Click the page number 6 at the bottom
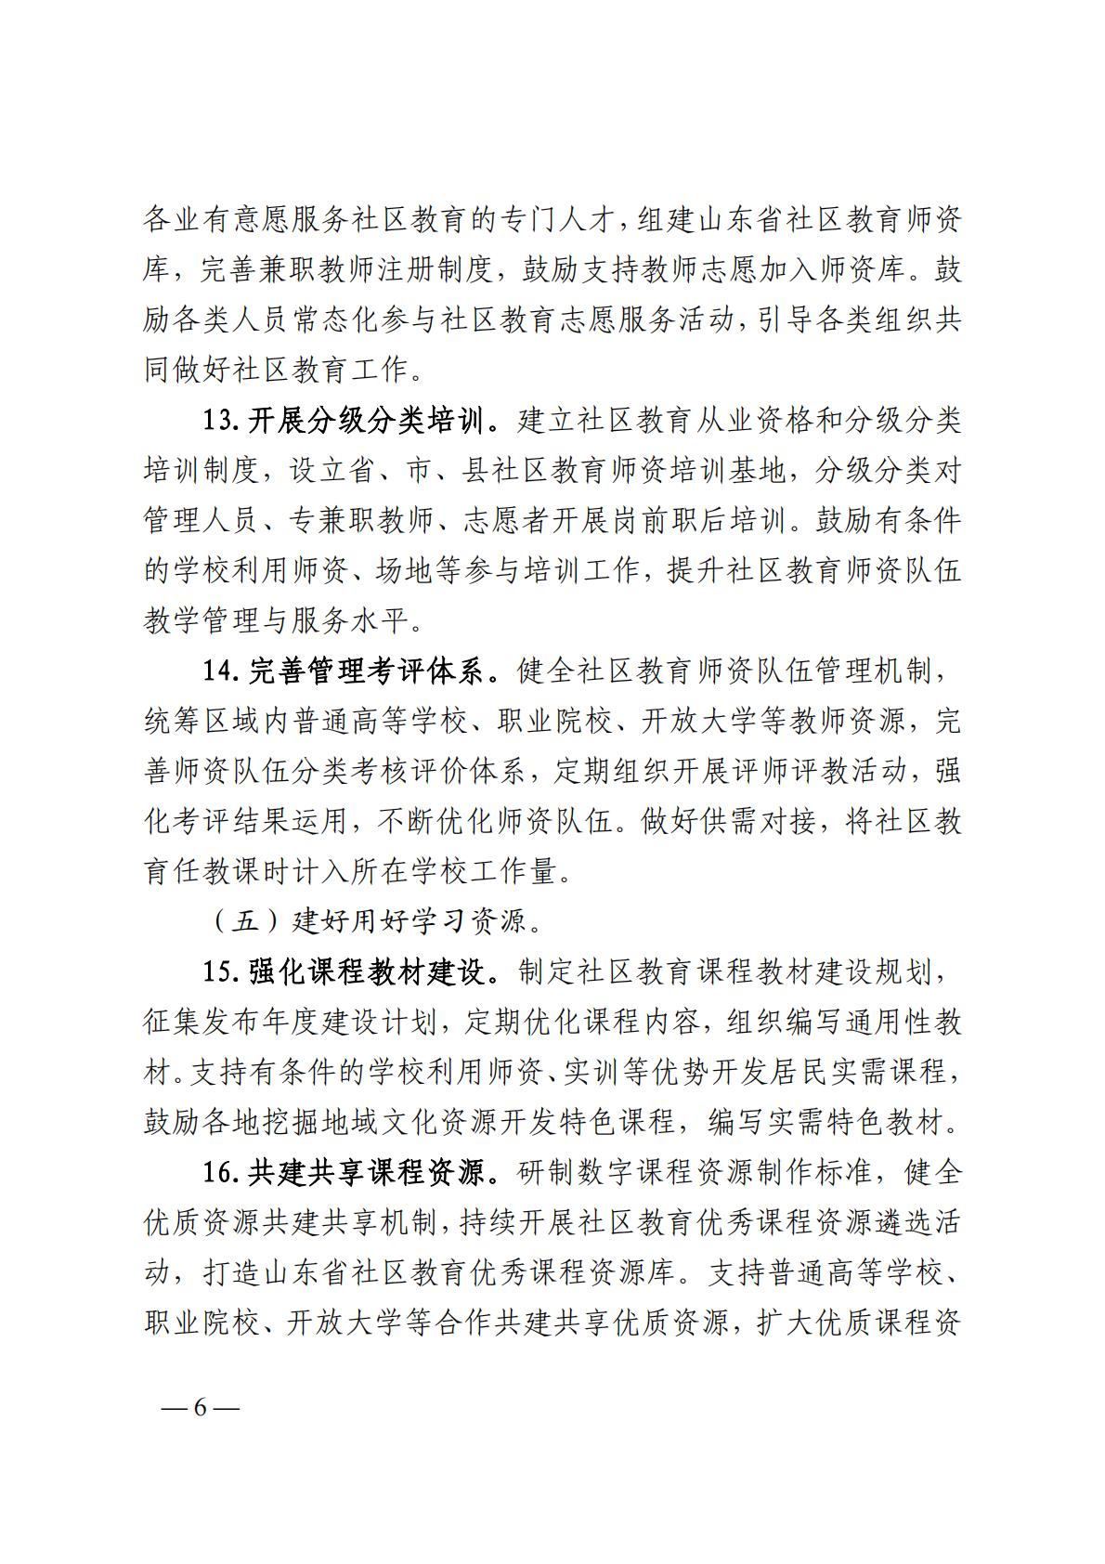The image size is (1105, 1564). point(200,1406)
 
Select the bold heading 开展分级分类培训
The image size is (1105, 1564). point(366,422)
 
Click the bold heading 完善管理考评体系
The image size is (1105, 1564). point(366,672)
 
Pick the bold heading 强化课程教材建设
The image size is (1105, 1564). point(366,971)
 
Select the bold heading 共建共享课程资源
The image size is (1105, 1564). point(366,1172)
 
